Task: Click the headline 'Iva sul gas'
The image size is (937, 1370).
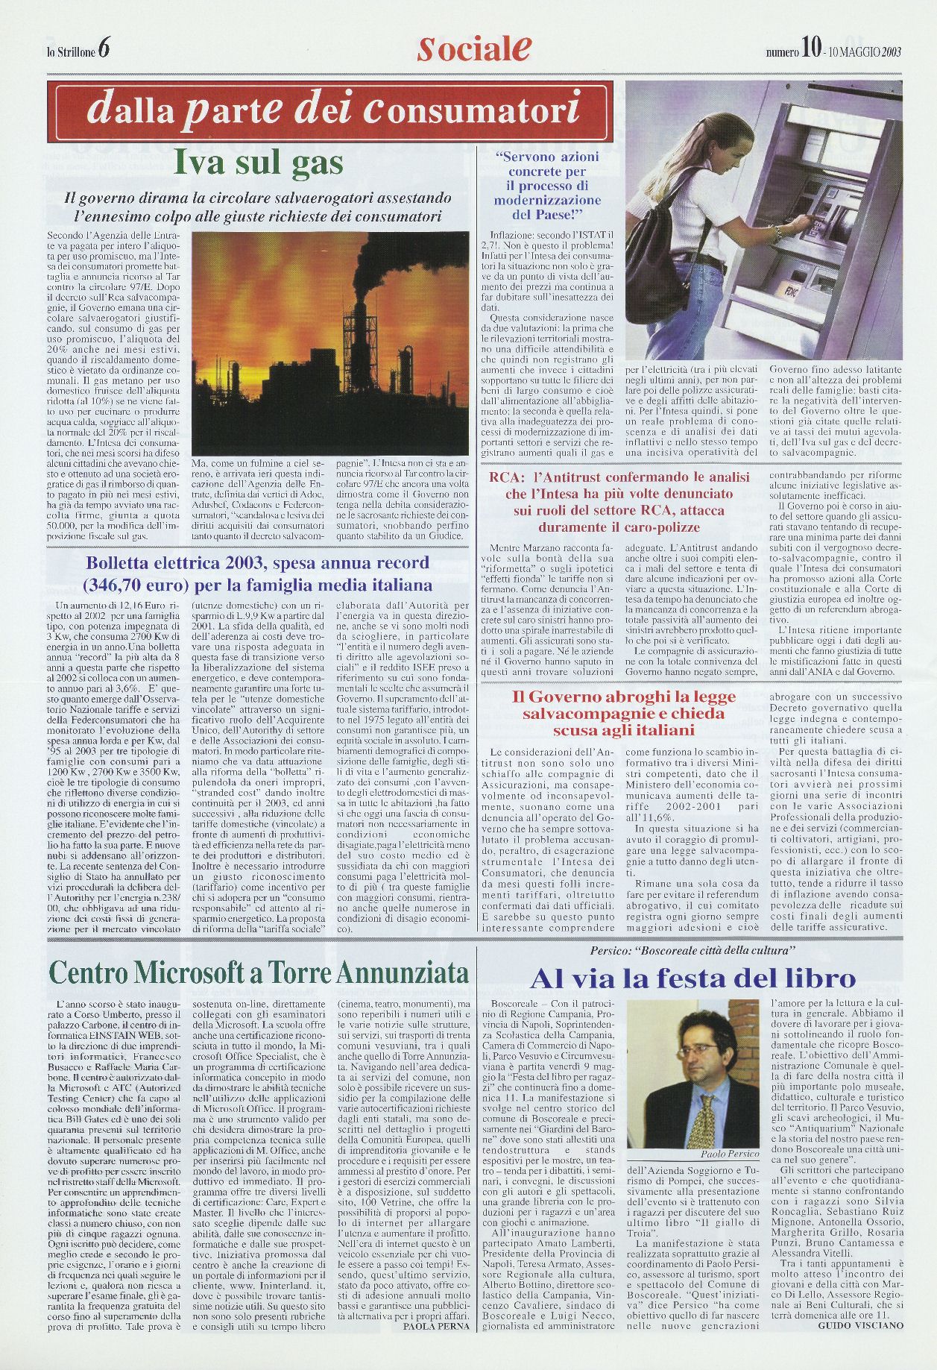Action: (x=258, y=163)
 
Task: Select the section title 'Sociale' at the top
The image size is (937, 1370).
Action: (x=474, y=49)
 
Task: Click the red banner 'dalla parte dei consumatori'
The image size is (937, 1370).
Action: (x=335, y=111)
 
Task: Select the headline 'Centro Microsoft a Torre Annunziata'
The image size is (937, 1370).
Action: (x=259, y=972)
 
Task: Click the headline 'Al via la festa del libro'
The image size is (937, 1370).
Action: (x=693, y=978)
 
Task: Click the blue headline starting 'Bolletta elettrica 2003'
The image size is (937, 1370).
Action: (x=259, y=573)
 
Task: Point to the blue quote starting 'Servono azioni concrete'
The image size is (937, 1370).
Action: (x=546, y=186)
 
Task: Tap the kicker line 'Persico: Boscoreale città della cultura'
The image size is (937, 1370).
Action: (x=693, y=950)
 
